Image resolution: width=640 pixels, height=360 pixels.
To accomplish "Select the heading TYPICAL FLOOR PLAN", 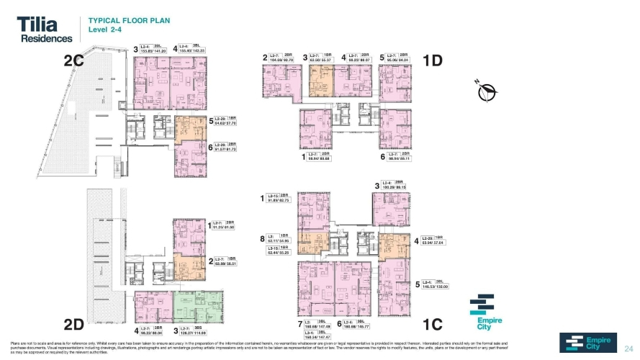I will point(128,21).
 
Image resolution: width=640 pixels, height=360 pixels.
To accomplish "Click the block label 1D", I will point(433,61).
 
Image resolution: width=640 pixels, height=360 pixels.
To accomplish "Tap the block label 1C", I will point(433,324).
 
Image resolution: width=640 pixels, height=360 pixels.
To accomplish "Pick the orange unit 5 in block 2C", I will point(189,127).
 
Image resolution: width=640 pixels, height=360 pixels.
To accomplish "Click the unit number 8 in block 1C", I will point(262,238).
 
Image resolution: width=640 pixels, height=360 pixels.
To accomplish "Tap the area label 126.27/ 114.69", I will point(197,333).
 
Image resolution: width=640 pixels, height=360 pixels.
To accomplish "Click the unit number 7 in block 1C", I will point(299,324).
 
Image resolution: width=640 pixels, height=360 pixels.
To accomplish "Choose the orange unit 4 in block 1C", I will point(394,246).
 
